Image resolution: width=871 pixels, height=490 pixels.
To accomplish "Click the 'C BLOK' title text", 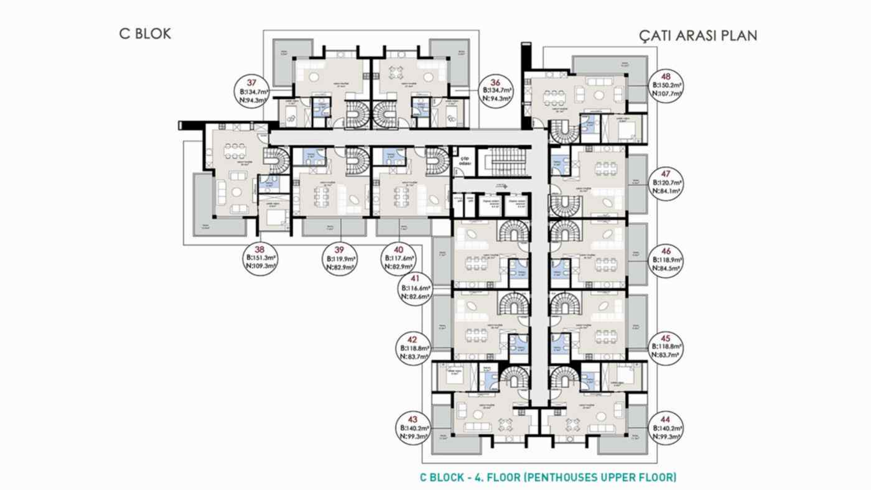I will (144, 34).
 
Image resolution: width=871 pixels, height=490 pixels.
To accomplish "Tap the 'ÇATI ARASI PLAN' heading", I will (698, 35).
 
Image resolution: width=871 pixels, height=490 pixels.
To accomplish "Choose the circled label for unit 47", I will (666, 183).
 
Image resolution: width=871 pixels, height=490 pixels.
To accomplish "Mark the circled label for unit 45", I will (666, 346).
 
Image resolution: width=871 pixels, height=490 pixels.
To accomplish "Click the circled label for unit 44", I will (666, 429).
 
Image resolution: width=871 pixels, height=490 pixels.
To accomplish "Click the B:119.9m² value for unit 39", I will (340, 259).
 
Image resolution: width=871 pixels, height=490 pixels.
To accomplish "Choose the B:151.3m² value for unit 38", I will (261, 257).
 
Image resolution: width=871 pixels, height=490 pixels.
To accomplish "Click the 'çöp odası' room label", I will (464, 160).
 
